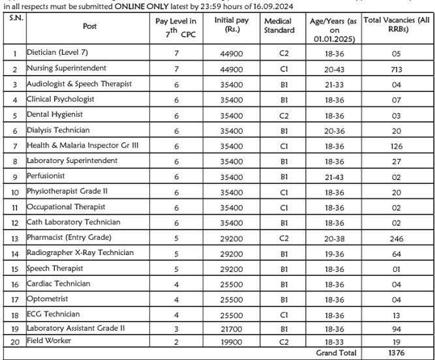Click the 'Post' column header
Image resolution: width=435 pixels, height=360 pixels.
pos(89,26)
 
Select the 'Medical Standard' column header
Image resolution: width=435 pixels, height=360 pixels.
pos(279,26)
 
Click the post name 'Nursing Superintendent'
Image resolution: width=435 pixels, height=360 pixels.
pos(66,68)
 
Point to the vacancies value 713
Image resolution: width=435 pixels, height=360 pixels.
pos(397,69)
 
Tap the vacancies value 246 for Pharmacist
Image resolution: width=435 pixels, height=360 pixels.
pos(397,238)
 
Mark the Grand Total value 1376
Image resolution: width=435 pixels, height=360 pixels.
pos(397,353)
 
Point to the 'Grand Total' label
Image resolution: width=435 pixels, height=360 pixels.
pos(337,353)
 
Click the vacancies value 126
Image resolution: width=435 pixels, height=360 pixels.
pos(397,146)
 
